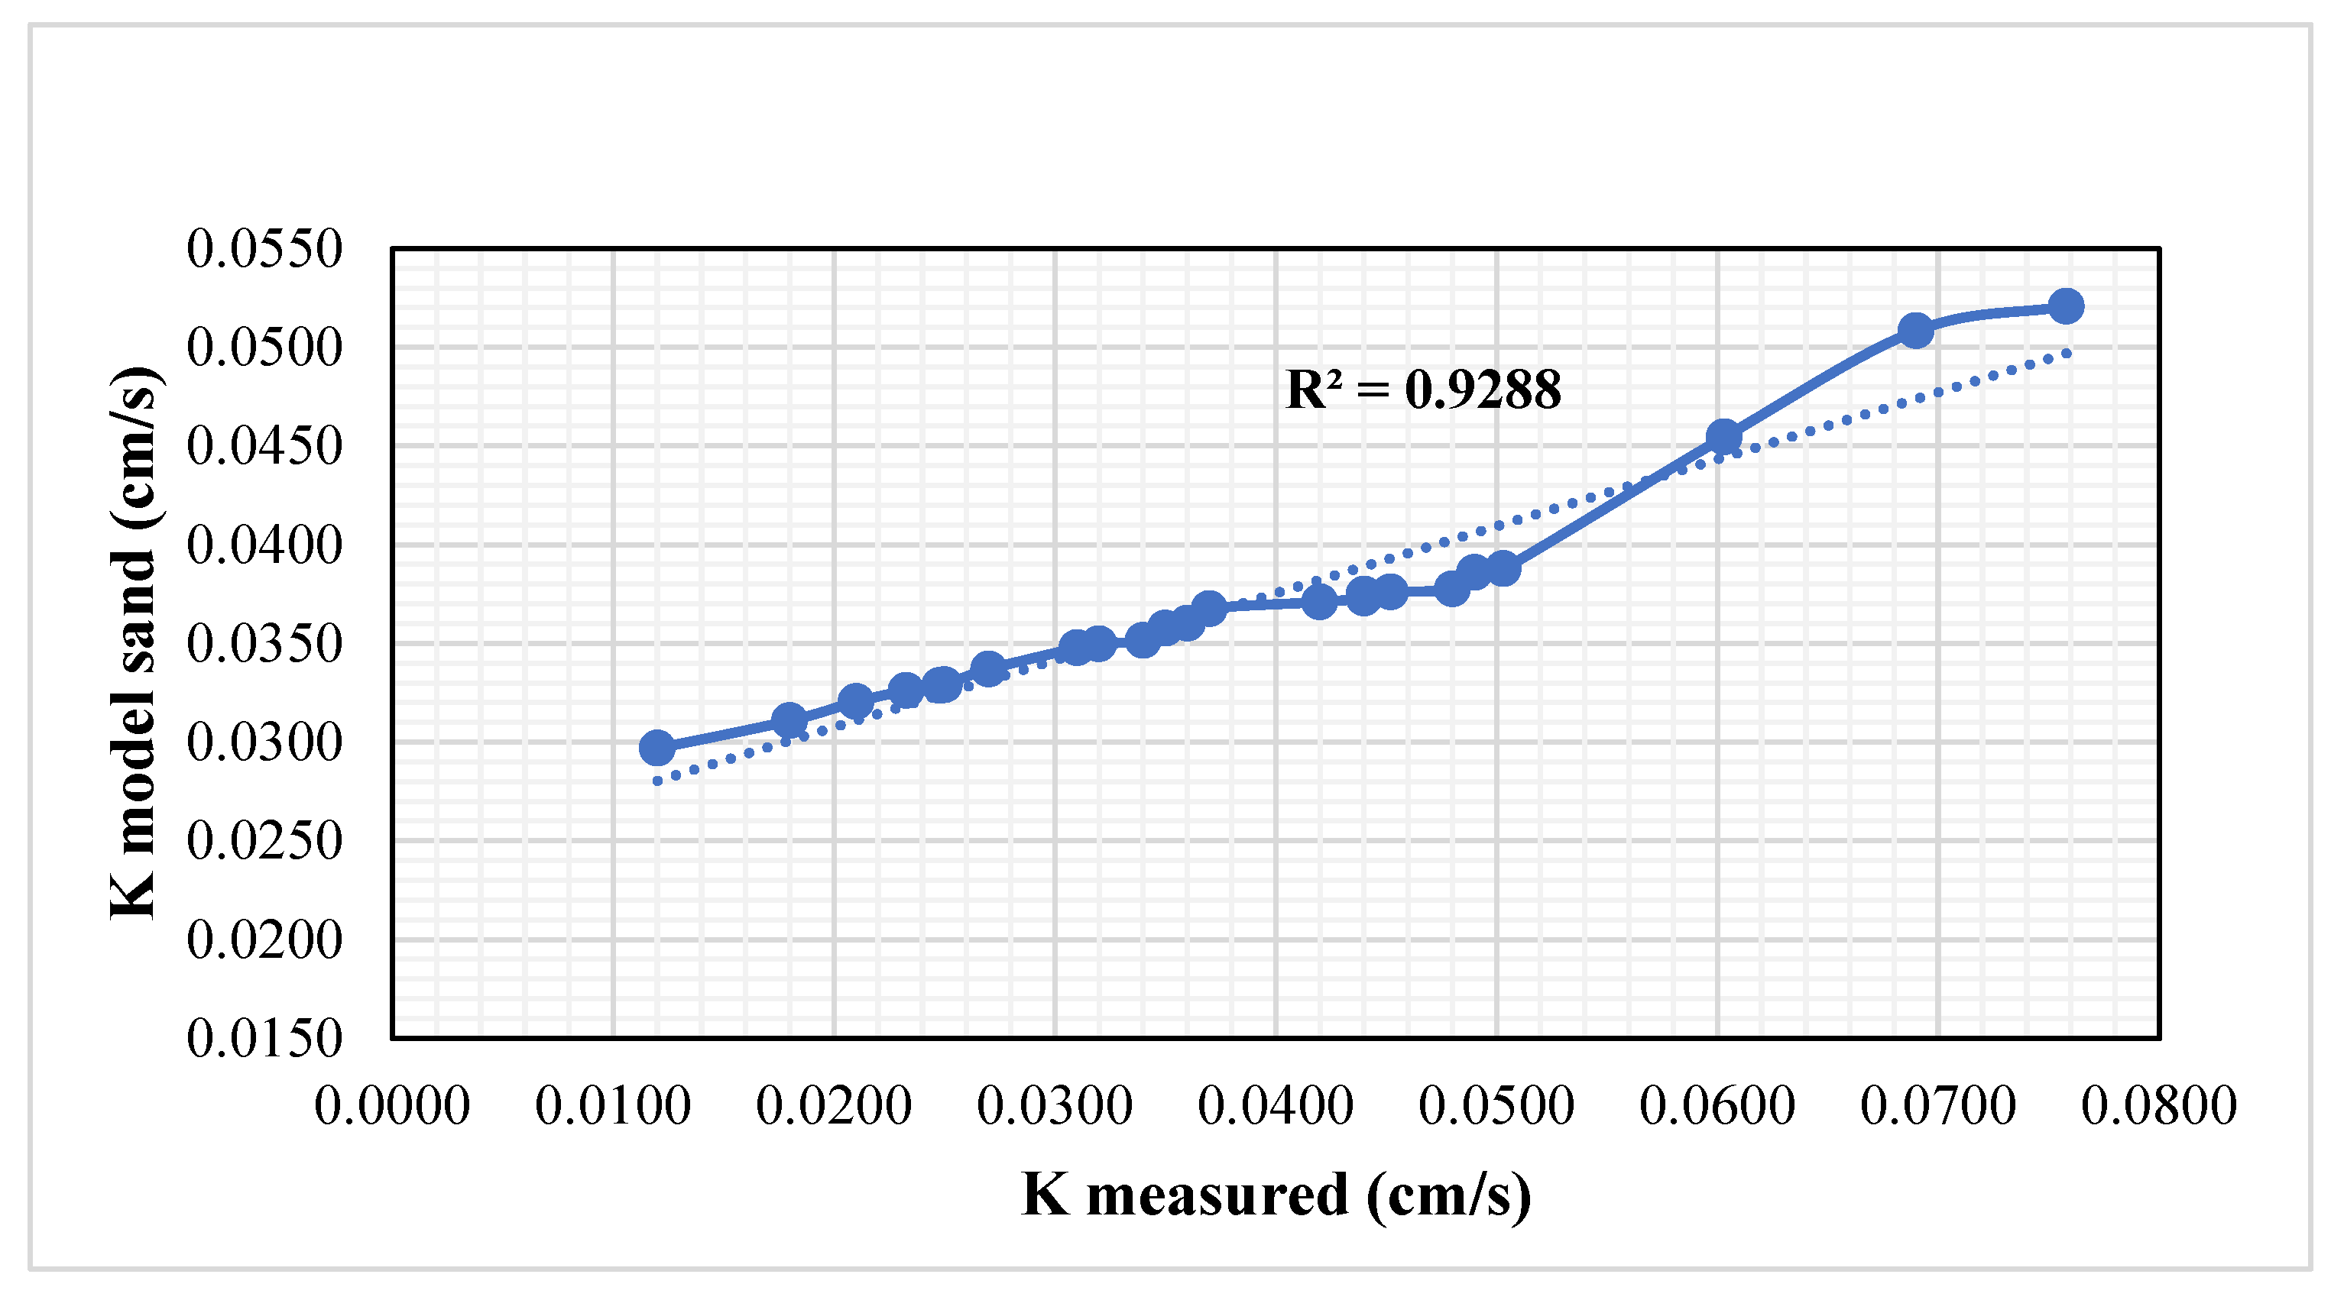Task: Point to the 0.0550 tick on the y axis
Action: click(264, 248)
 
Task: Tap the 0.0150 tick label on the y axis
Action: click(264, 1038)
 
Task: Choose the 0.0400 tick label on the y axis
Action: click(264, 545)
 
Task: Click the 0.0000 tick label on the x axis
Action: click(392, 1105)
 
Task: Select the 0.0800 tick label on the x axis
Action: click(2158, 1105)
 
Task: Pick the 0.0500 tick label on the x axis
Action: click(1496, 1105)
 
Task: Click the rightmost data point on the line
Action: click(2065, 306)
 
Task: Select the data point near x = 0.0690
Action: click(1914, 331)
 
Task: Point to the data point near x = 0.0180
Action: click(789, 721)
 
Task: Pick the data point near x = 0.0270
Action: click(988, 669)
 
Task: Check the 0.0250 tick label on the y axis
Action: click(264, 840)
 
